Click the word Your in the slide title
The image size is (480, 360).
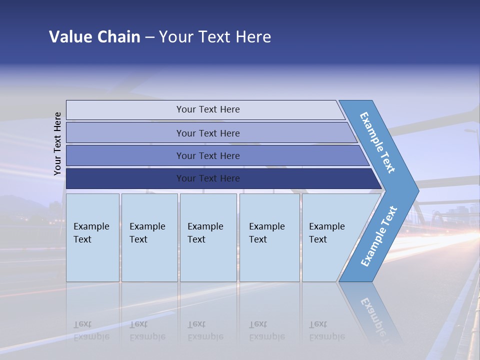175,37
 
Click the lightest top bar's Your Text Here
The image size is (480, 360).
208,109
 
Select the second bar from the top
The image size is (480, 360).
208,133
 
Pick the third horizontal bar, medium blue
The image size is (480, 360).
208,155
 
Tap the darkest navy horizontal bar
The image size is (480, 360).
208,178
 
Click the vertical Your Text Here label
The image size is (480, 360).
57,143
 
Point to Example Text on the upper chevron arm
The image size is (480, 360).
377,142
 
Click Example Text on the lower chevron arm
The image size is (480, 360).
378,236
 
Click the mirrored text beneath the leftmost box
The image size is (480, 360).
91,330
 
